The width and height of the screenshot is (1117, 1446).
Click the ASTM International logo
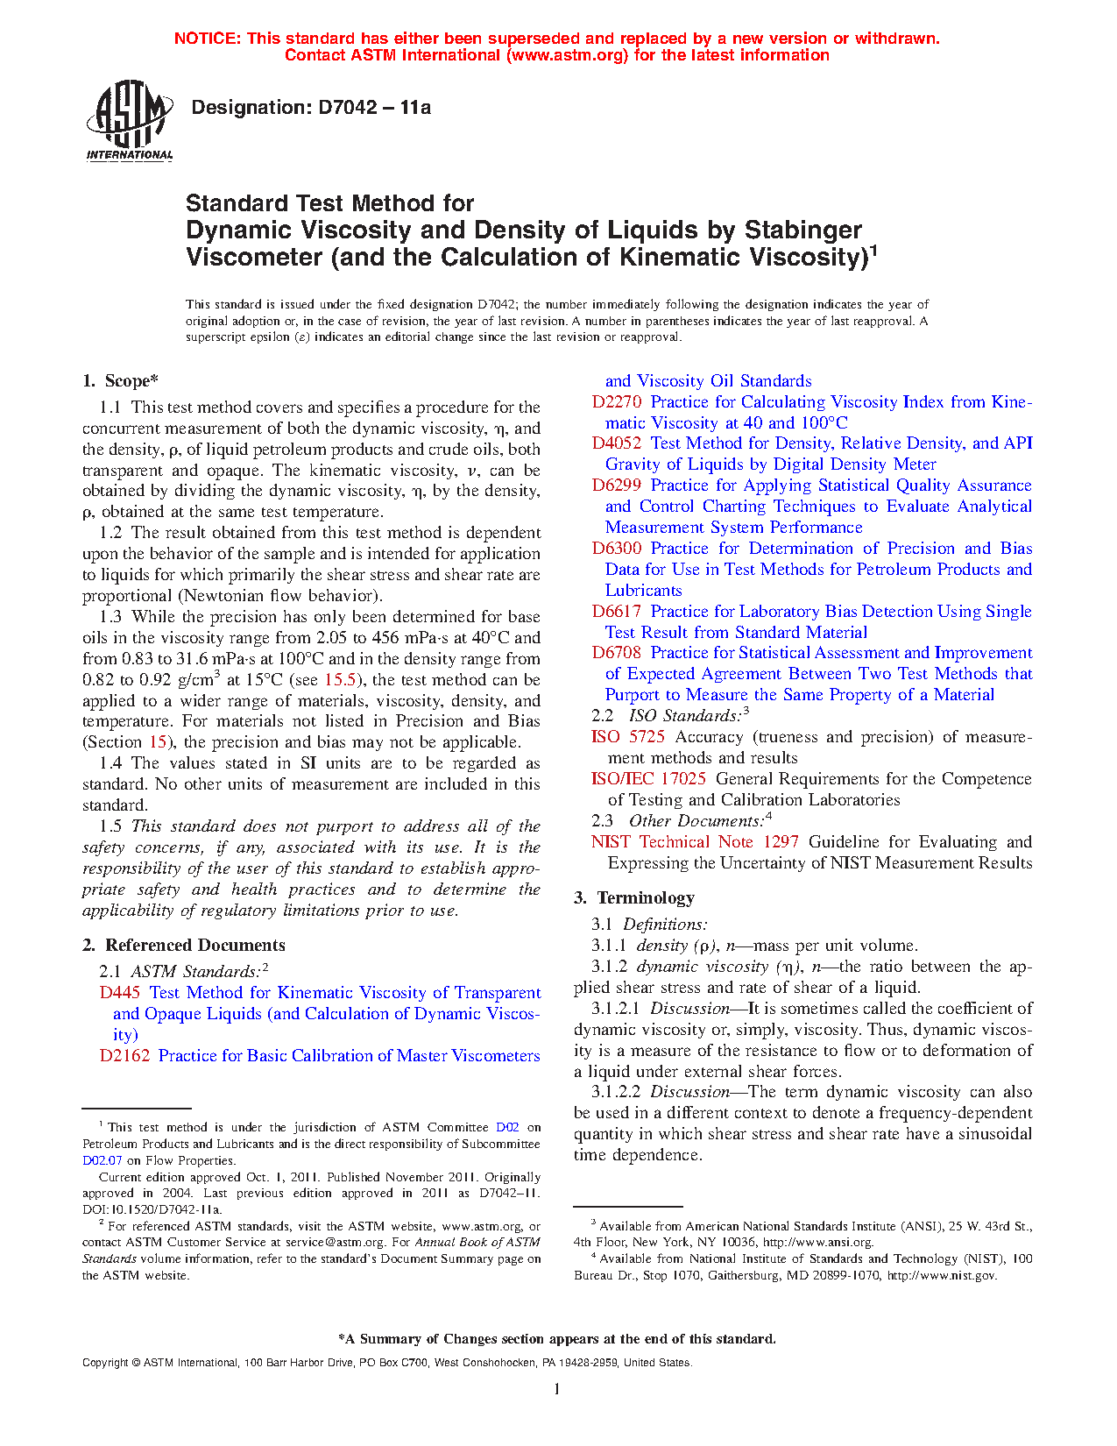click(x=130, y=121)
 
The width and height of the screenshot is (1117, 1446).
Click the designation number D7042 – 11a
click(x=311, y=108)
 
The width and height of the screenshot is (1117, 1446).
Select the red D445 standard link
click(x=120, y=993)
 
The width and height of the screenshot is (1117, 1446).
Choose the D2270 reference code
click(x=617, y=402)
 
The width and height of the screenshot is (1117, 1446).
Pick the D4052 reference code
click(x=617, y=443)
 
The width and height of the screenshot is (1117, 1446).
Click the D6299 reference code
click(x=617, y=486)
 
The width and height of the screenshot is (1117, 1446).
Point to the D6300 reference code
click(x=617, y=549)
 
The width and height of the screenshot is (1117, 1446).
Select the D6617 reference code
click(x=617, y=612)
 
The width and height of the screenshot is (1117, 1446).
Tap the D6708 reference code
click(x=617, y=653)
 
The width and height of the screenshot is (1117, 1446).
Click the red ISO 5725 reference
click(x=628, y=737)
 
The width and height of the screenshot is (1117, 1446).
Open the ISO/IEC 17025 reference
click(x=648, y=779)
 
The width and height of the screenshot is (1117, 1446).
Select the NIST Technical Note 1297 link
click(x=695, y=842)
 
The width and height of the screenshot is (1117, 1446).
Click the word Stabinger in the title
click(x=803, y=230)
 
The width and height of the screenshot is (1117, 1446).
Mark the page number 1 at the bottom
click(x=557, y=1388)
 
